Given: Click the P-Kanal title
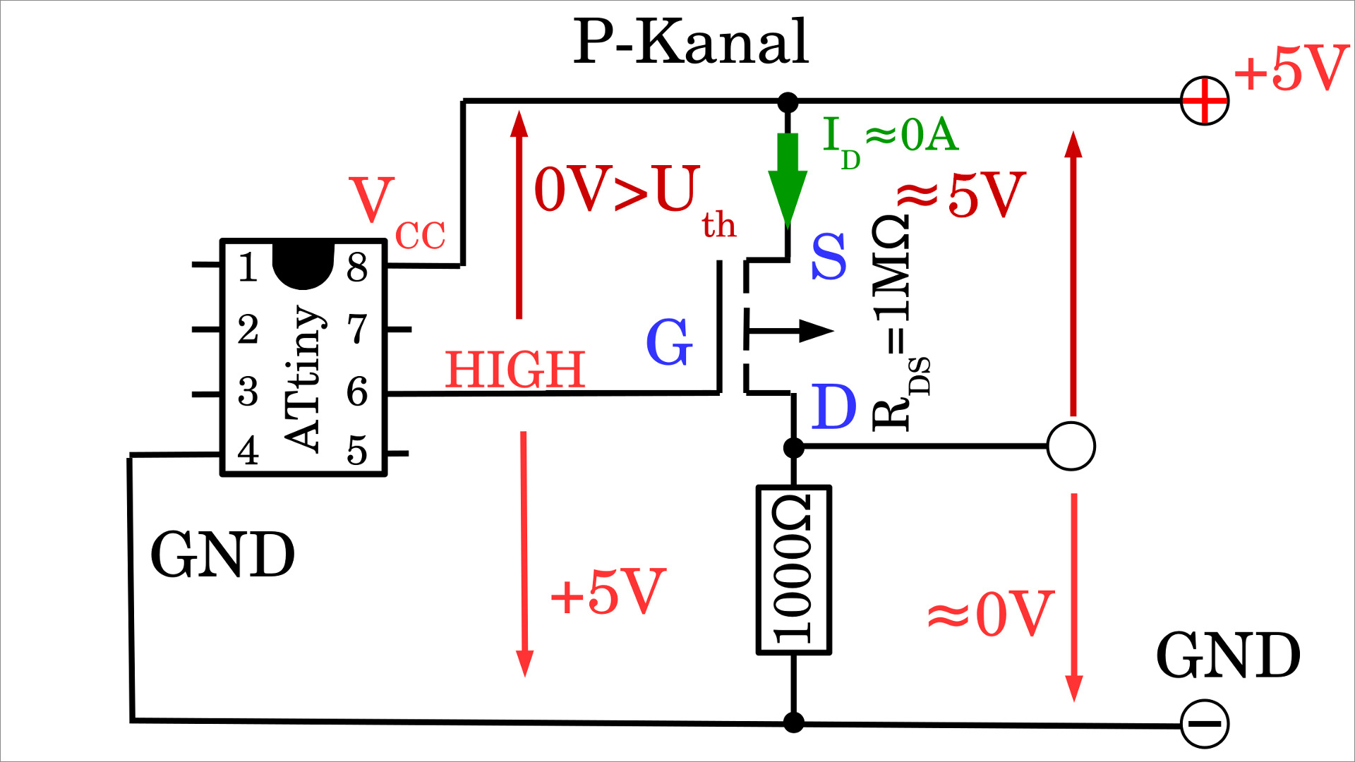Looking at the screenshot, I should coord(690,42).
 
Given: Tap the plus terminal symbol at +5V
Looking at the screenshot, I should coord(1205,101).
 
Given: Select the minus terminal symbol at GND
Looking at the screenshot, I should coord(1205,724).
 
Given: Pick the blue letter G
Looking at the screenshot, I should coord(669,342).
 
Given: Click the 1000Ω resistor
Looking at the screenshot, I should coord(794,569).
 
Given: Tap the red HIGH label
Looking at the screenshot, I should coord(515,370).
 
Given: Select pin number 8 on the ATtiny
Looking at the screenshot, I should coord(357,267).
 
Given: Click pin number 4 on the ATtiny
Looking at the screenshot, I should coord(248,451).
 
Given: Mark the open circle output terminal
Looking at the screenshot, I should coord(1071,446).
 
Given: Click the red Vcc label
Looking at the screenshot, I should coord(395,212).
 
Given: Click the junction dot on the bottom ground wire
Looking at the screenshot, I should coord(794,722).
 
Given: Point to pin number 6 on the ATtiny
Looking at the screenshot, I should coord(357,392).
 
